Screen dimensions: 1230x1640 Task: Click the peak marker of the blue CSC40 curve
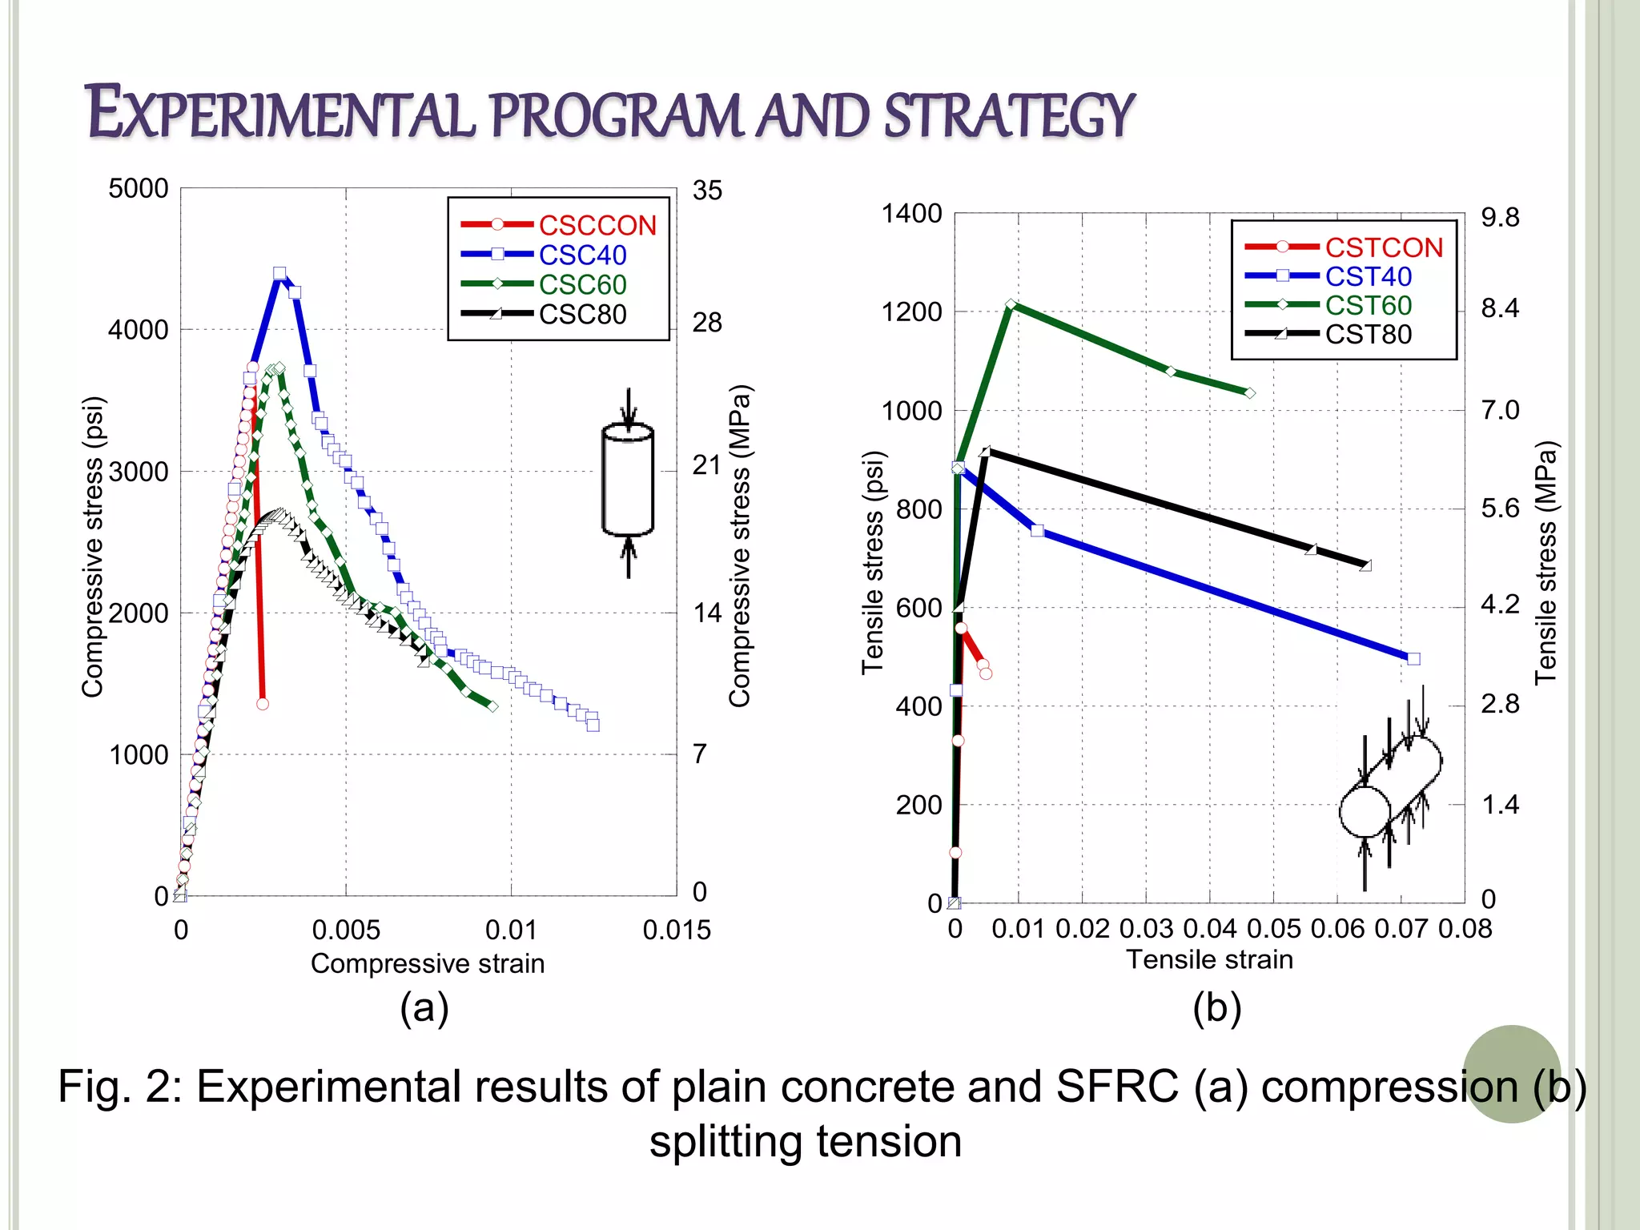point(279,274)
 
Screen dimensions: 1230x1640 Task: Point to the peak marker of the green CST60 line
point(1011,304)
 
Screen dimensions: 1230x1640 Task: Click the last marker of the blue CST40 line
point(1413,659)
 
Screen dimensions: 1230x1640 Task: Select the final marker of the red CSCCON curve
point(263,704)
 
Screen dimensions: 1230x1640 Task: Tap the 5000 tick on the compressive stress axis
point(139,189)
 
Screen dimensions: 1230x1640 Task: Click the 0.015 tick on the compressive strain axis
point(677,931)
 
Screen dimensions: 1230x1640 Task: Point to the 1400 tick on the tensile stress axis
point(911,214)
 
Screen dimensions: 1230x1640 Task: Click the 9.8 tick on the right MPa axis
point(1499,218)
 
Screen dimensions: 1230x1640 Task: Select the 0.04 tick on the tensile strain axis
point(1209,929)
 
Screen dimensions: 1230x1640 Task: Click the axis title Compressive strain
point(428,963)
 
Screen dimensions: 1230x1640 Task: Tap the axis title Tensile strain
point(1209,959)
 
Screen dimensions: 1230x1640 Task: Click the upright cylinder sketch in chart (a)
point(628,480)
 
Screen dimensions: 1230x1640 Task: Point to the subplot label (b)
point(1216,1007)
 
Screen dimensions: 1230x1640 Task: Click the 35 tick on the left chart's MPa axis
point(707,191)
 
